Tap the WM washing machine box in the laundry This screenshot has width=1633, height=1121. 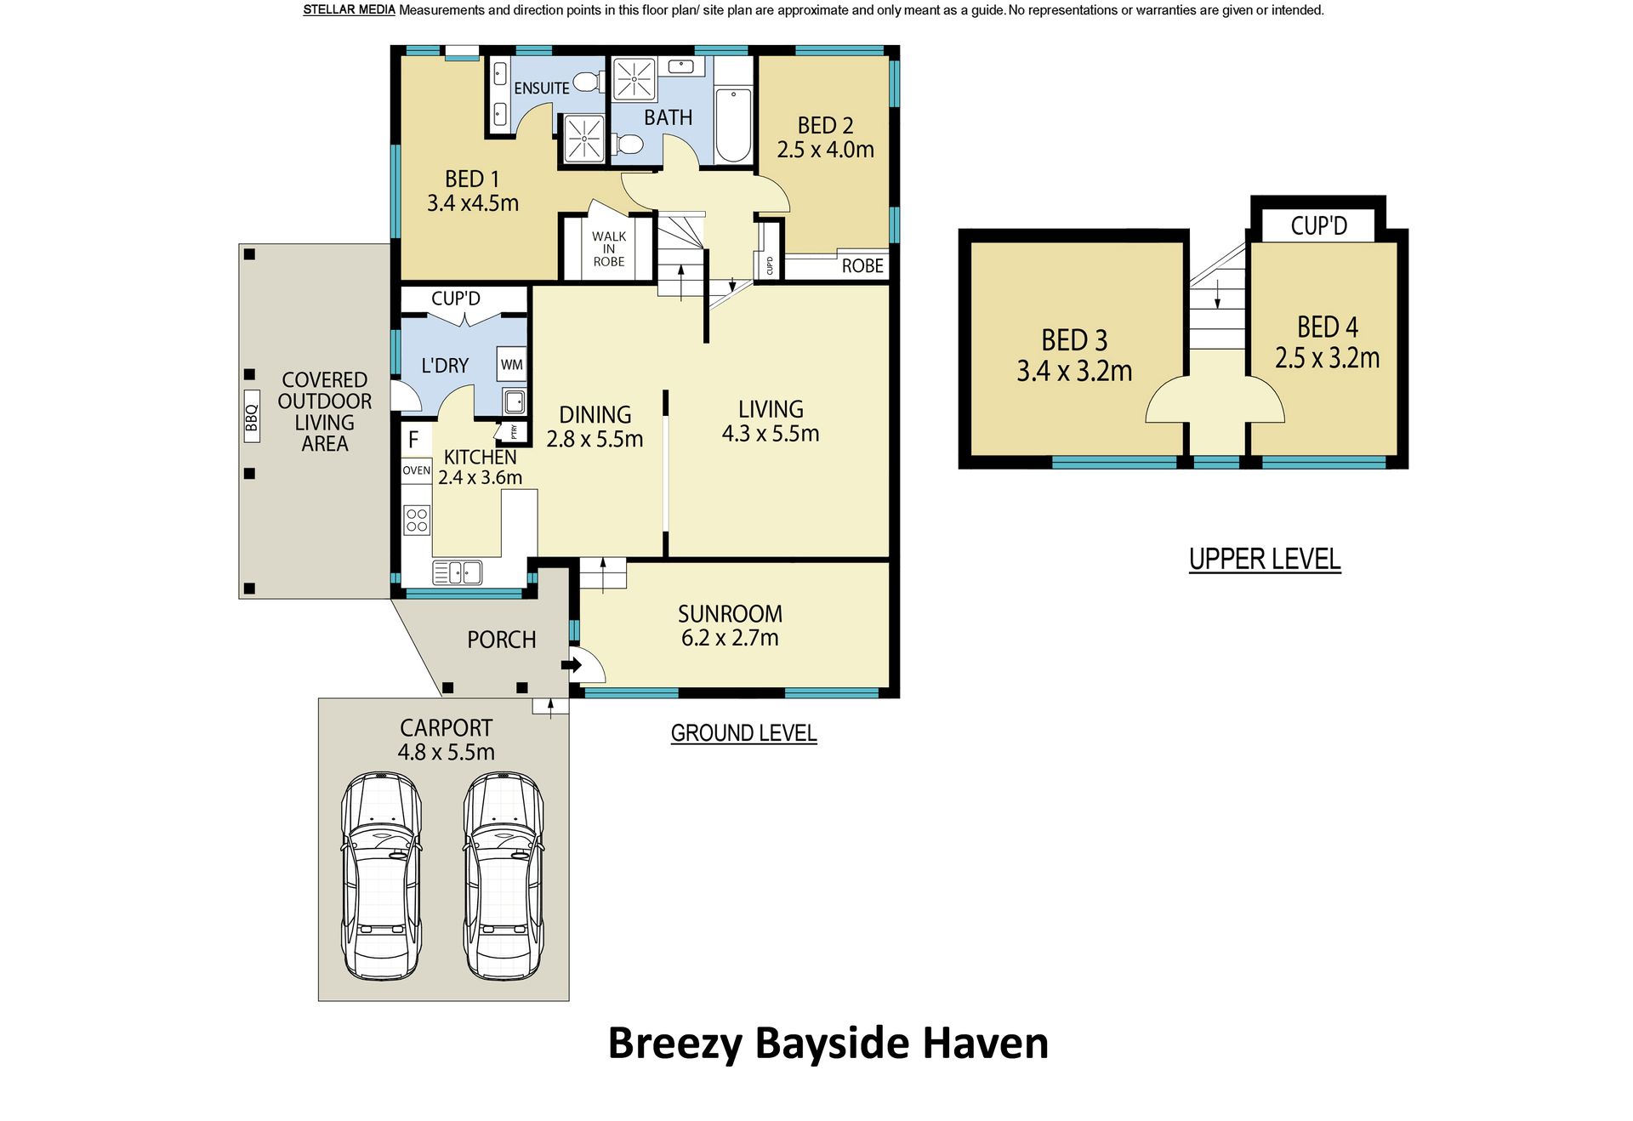coord(511,365)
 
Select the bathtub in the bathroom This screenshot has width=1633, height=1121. coord(733,124)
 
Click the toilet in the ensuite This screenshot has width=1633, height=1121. coord(585,83)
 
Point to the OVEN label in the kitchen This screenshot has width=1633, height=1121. coord(417,470)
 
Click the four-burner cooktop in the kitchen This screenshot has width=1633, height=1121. coord(417,520)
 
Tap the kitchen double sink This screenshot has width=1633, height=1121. coord(458,572)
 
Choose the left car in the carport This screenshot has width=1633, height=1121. coord(382,875)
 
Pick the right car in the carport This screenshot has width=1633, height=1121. coord(504,875)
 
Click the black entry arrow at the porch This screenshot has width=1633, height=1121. coord(571,665)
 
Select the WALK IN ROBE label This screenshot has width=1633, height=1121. coord(609,249)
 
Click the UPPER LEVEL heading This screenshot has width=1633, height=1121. coord(1265,560)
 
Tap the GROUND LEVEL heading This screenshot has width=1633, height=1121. coord(743,733)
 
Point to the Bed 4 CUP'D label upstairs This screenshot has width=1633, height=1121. coord(1318,226)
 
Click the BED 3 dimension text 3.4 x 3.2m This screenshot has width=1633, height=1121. coord(1074,371)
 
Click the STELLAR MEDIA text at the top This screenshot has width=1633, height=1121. coord(349,10)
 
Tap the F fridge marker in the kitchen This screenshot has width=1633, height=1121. coord(413,440)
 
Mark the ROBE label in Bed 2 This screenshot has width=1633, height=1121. coord(862,266)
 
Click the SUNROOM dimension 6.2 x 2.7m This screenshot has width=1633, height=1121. coord(730,638)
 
